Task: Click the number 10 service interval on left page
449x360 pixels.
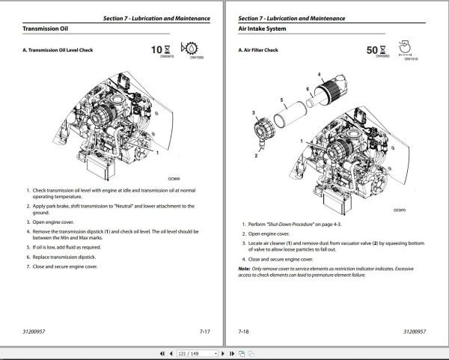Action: (156, 49)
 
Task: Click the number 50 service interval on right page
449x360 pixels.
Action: (373, 49)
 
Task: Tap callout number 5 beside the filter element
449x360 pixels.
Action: (281, 100)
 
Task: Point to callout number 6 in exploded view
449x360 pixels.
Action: (307, 88)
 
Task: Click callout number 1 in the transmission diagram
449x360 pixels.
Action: (158, 152)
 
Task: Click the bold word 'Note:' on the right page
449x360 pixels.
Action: (244, 267)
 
